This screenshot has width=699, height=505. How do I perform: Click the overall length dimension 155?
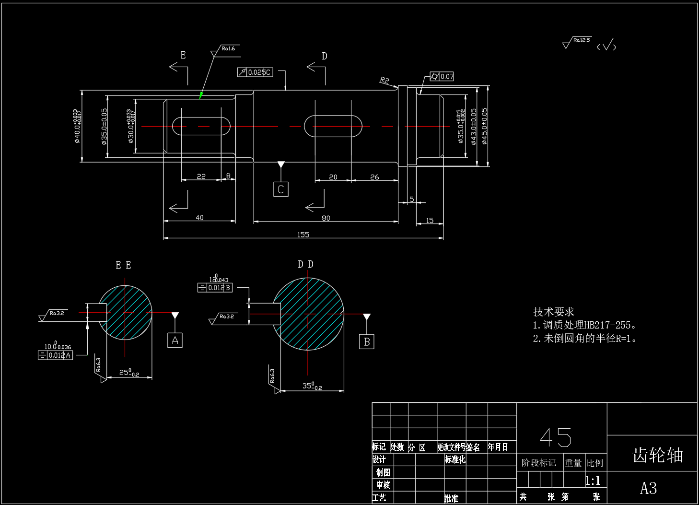303,235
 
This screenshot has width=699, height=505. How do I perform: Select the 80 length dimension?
326,218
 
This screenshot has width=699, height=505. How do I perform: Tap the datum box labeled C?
281,189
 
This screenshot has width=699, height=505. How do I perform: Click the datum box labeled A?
175,340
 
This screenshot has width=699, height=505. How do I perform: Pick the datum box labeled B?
367,341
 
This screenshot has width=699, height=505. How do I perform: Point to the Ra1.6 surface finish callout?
228,48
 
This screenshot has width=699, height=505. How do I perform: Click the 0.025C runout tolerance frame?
255,72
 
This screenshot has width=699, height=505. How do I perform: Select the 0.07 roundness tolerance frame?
442,76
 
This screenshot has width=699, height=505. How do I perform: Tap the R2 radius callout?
384,80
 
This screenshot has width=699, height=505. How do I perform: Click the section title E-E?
123,265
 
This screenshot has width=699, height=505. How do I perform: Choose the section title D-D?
305,264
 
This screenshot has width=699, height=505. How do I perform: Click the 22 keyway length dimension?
201,176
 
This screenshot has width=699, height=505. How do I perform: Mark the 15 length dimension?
430,221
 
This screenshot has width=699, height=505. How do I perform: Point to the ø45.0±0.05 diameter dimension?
485,126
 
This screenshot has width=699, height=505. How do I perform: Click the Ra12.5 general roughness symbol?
577,42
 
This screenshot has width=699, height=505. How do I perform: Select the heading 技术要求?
553,312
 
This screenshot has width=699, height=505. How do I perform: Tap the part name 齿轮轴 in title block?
657,456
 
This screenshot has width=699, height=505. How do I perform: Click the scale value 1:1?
593,481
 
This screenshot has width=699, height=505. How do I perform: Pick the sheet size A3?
648,489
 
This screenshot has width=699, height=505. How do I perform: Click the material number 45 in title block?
556,437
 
